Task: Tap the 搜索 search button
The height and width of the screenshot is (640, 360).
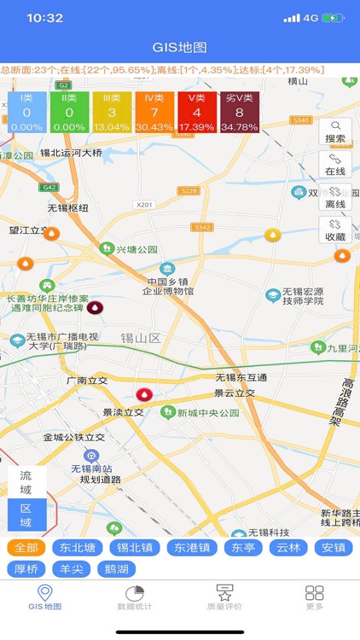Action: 335,131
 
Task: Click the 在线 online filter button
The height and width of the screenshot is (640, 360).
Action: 335,165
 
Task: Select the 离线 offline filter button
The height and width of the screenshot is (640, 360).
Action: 335,197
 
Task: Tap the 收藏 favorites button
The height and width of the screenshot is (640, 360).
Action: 335,230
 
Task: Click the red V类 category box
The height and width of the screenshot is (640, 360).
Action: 196,113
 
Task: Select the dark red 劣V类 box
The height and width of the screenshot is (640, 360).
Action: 239,113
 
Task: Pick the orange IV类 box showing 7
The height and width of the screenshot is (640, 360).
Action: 154,113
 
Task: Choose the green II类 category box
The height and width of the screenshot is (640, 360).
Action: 68,113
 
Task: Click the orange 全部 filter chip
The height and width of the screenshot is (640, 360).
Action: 26,548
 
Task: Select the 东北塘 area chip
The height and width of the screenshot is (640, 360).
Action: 73,548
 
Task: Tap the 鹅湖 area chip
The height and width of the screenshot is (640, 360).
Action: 116,568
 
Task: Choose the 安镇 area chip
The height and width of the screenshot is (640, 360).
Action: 334,548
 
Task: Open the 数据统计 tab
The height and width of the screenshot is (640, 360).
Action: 134,598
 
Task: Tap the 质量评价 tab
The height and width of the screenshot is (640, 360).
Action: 224,598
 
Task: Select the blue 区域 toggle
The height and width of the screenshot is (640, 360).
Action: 26,515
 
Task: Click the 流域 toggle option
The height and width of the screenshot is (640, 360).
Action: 26,482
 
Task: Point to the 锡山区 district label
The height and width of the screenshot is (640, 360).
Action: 140,339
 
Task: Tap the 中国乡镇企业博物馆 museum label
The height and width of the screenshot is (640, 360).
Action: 168,286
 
